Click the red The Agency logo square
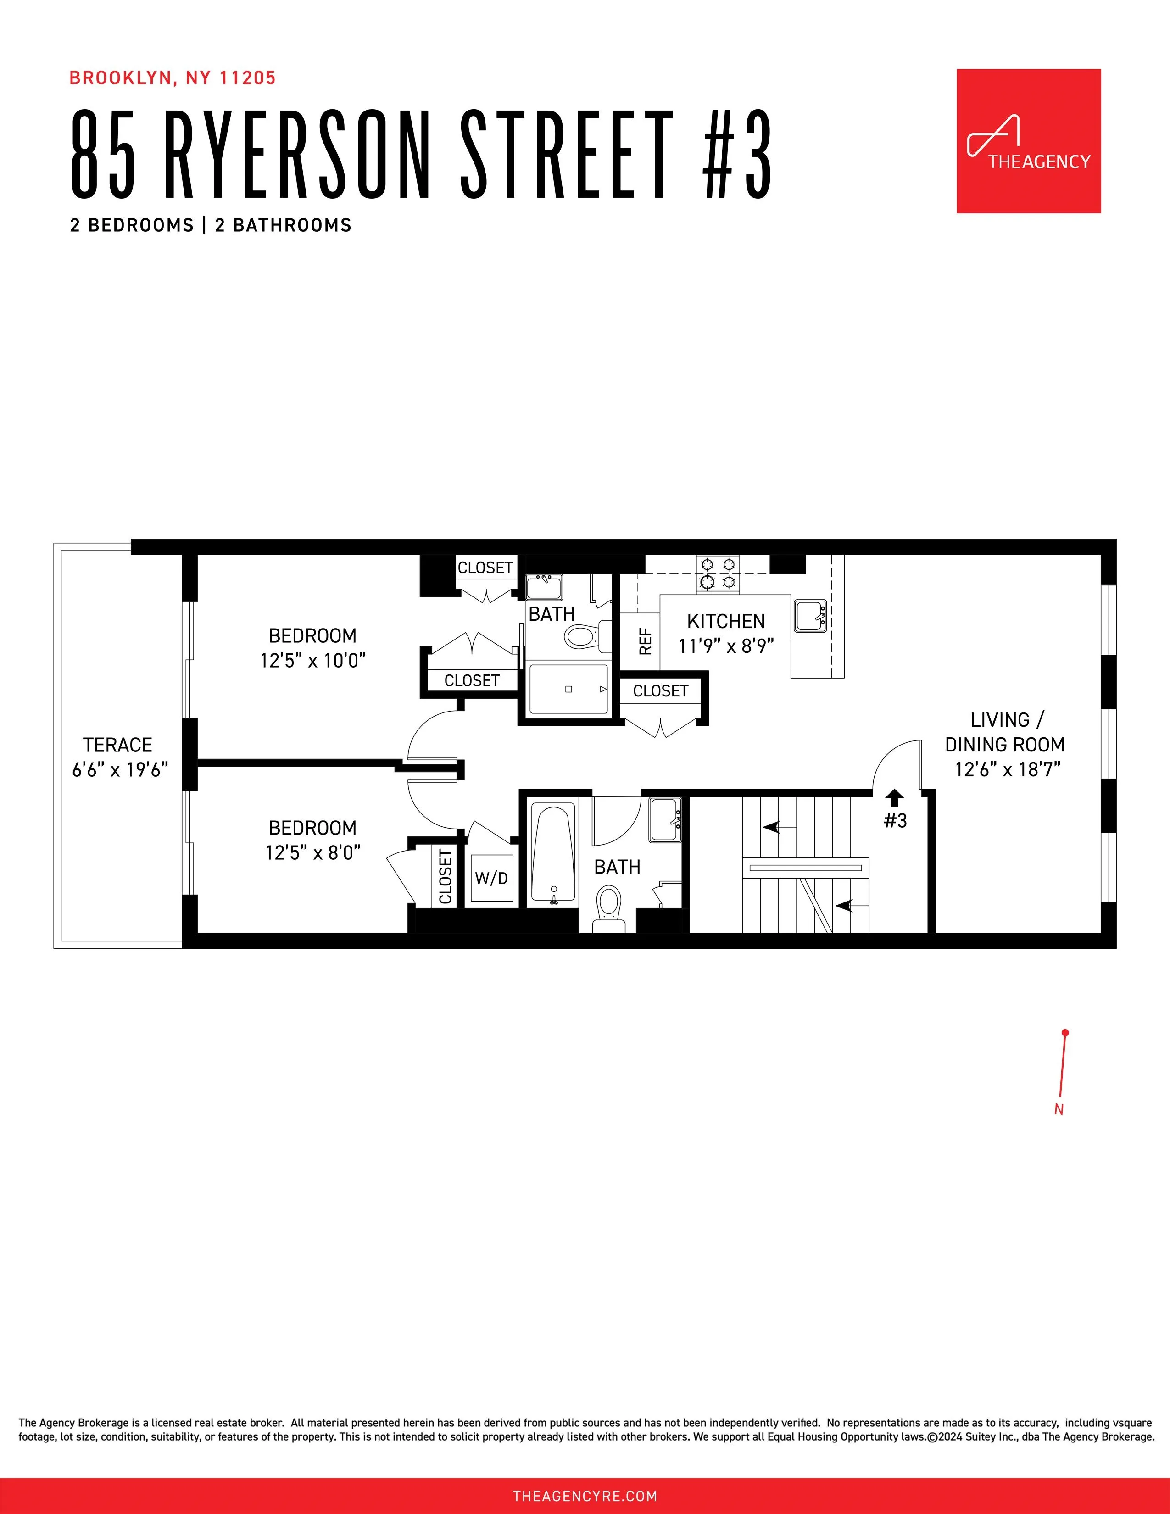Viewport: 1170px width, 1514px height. click(1029, 141)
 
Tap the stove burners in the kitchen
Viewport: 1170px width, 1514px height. click(718, 574)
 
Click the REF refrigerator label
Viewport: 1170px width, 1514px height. click(645, 641)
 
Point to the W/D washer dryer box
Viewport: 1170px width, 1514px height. click(491, 878)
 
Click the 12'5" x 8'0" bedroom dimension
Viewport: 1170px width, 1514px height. click(312, 853)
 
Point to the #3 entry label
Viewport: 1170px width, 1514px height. click(895, 821)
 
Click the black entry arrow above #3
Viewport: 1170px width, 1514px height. click(895, 798)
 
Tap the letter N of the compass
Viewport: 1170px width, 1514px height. click(1059, 1109)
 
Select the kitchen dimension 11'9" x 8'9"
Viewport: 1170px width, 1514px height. click(726, 646)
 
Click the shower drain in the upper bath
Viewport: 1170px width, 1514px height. click(568, 689)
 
